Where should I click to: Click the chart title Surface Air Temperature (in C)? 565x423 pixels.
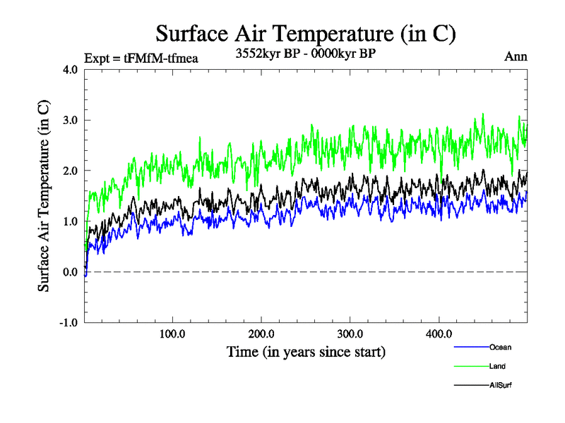pyautogui.click(x=306, y=33)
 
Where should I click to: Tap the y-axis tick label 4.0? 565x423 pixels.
pyautogui.click(x=70, y=70)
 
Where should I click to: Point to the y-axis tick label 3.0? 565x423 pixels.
pyautogui.click(x=70, y=121)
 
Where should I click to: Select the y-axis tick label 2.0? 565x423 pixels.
pyautogui.click(x=70, y=171)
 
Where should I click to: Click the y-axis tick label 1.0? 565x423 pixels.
pyautogui.click(x=70, y=222)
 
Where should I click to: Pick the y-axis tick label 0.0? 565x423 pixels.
pyautogui.click(x=70, y=272)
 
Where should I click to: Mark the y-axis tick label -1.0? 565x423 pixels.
pyautogui.click(x=69, y=323)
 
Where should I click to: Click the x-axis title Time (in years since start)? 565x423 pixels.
pyautogui.click(x=306, y=351)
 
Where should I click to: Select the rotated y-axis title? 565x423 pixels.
pyautogui.click(x=44, y=196)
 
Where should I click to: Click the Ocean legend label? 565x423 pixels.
pyautogui.click(x=500, y=347)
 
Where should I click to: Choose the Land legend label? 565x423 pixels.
pyautogui.click(x=497, y=366)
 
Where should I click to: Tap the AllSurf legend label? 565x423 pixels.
pyautogui.click(x=500, y=385)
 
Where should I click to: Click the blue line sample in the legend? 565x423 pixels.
pyautogui.click(x=470, y=347)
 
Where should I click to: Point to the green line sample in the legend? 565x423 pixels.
pyautogui.click(x=470, y=366)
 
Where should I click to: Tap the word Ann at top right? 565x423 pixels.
pyautogui.click(x=516, y=56)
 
